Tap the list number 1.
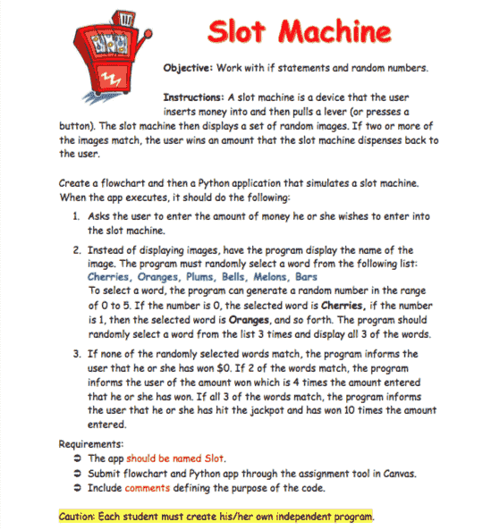pyautogui.click(x=78, y=217)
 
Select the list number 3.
pyautogui.click(x=78, y=354)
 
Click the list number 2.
pyautogui.click(x=78, y=250)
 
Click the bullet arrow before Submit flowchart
pyautogui.click(x=79, y=474)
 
